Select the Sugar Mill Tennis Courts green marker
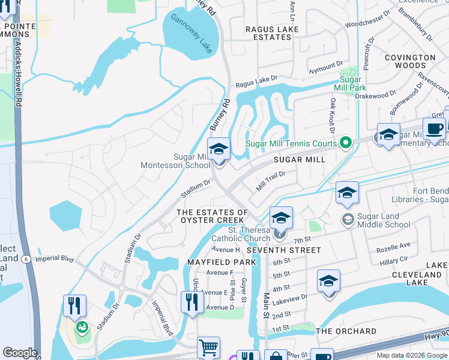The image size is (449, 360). click(345, 143)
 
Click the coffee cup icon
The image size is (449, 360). click(434, 128)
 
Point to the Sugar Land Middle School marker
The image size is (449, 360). click(348, 220)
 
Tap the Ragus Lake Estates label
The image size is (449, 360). click(272, 33)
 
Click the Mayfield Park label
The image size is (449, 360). click(221, 262)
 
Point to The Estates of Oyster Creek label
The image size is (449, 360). click(212, 217)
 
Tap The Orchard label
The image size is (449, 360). click(346, 331)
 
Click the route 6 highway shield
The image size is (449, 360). click(26, 259)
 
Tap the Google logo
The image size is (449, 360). click(20, 353)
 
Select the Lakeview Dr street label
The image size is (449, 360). click(294, 296)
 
